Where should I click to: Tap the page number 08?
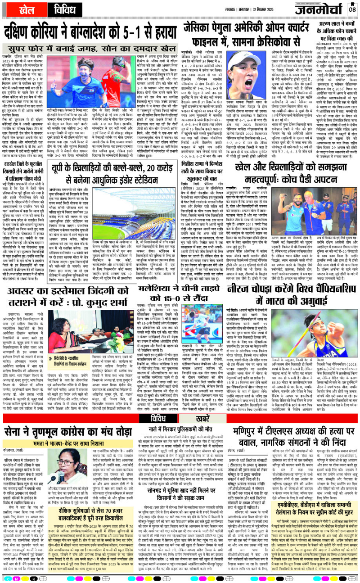(352, 9)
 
